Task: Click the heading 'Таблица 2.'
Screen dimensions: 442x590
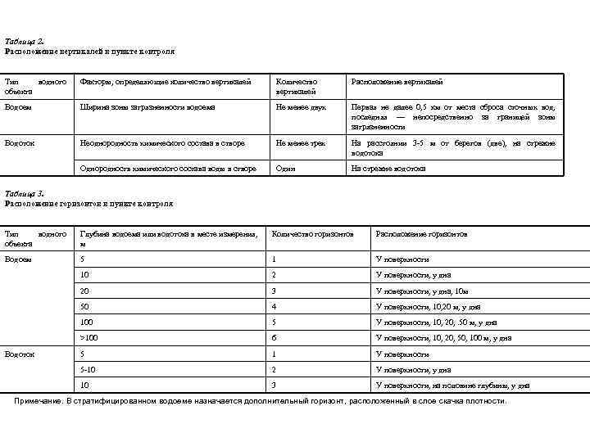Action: pos(25,41)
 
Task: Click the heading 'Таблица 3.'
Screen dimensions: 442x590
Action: pos(25,194)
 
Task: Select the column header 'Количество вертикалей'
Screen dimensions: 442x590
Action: pos(296,86)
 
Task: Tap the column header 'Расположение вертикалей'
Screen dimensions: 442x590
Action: pos(397,82)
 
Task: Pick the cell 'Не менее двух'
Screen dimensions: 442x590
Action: pos(301,107)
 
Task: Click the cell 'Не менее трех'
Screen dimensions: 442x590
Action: pos(301,143)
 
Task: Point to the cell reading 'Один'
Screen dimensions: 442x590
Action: pos(286,169)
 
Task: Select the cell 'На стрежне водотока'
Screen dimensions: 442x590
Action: pos(388,169)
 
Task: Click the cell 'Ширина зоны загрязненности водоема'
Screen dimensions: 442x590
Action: pos(147,107)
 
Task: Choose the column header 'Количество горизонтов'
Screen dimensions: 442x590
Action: pos(312,234)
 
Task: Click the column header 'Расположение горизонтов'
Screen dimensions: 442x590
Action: pos(421,234)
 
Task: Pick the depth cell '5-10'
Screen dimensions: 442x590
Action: pos(87,369)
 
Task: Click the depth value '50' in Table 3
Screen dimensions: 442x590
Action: pos(84,306)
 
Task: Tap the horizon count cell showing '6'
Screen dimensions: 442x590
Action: pos(275,337)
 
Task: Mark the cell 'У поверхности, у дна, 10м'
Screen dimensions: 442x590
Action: pos(421,291)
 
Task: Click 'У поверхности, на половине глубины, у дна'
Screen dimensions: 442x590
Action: pos(452,385)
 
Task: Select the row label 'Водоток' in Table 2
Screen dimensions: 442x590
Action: pos(20,143)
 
